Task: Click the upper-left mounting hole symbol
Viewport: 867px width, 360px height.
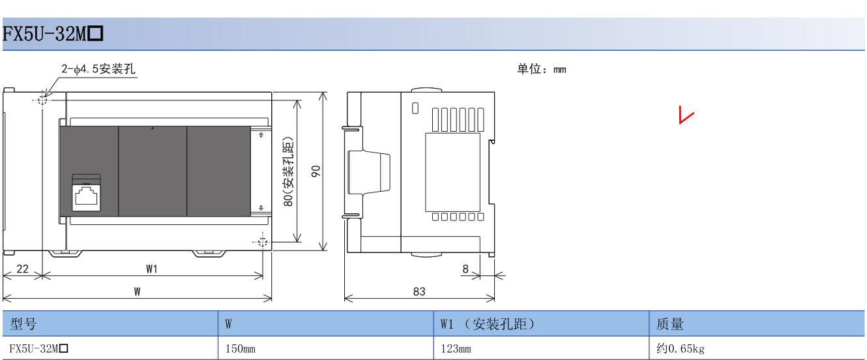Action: coord(43,100)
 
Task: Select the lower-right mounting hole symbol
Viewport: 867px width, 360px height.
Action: coord(262,243)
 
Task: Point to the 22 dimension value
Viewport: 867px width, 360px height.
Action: coord(22,269)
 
